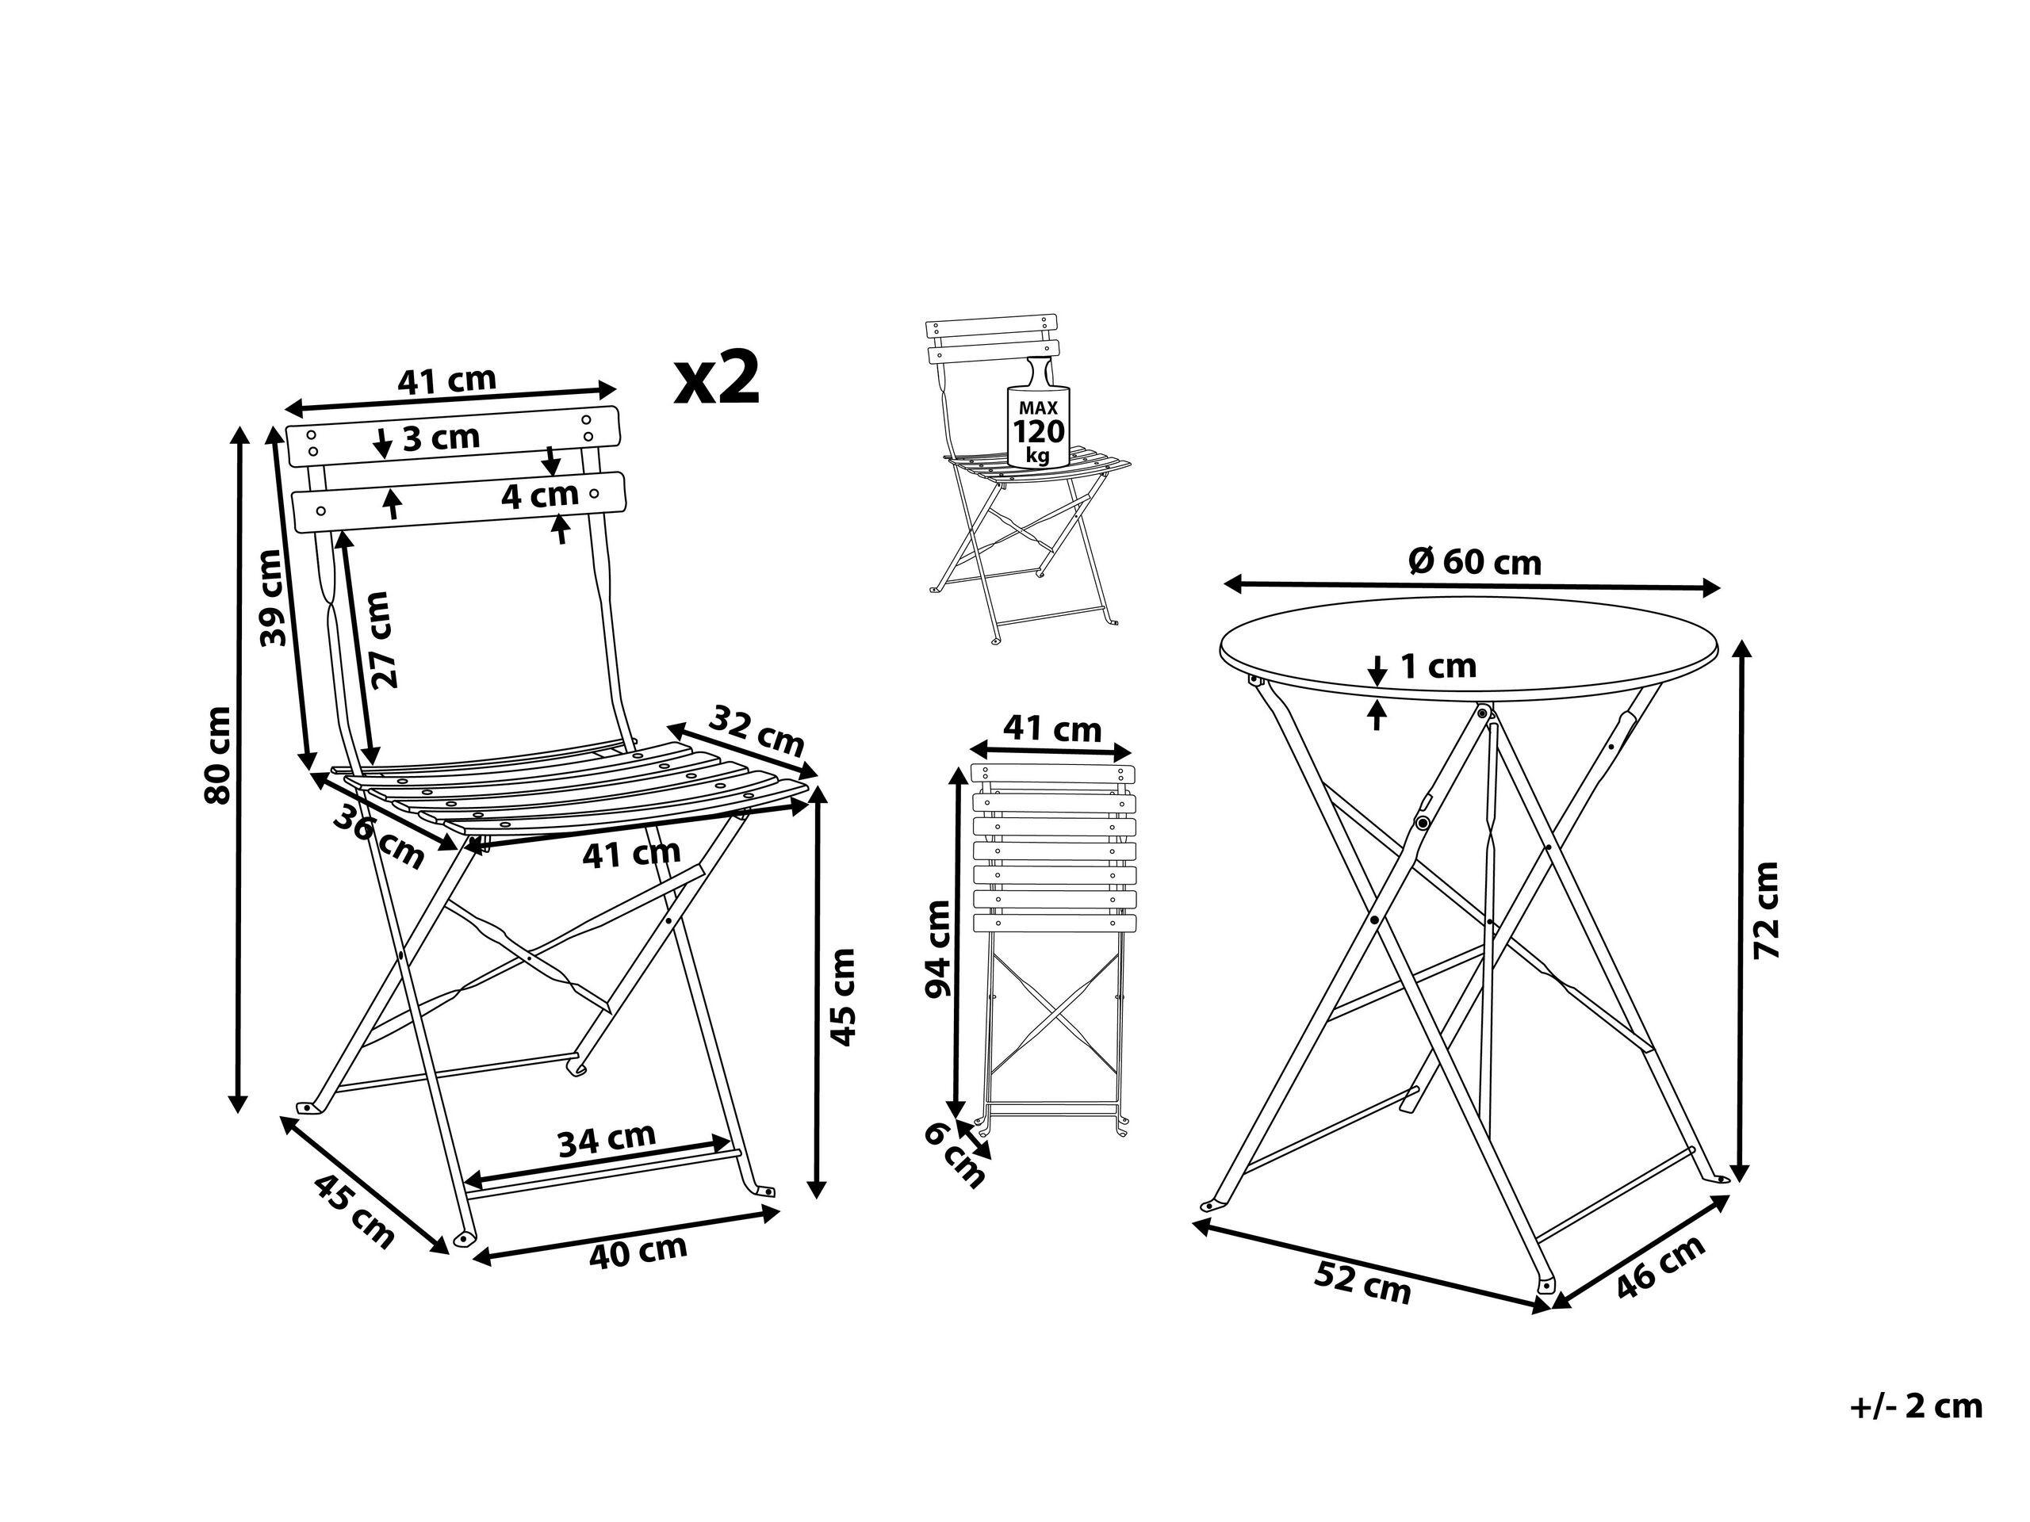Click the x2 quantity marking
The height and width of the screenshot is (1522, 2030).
coord(718,379)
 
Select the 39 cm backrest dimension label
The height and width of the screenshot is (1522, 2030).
coord(272,598)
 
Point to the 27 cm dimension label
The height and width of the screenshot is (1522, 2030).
coord(381,640)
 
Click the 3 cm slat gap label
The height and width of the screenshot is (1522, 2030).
coord(442,438)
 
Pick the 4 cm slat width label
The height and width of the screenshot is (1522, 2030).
coord(540,496)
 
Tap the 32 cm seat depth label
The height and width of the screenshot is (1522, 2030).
coord(758,729)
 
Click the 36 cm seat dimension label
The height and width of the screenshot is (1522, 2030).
coord(377,836)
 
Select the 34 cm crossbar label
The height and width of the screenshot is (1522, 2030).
coord(607,1138)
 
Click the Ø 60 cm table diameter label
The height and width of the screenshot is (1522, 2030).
coord(1475,561)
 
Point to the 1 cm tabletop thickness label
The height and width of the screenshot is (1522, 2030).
coord(1438,666)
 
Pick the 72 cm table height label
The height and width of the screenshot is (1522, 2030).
coord(1766,911)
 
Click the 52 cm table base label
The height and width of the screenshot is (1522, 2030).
coord(1362,1283)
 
